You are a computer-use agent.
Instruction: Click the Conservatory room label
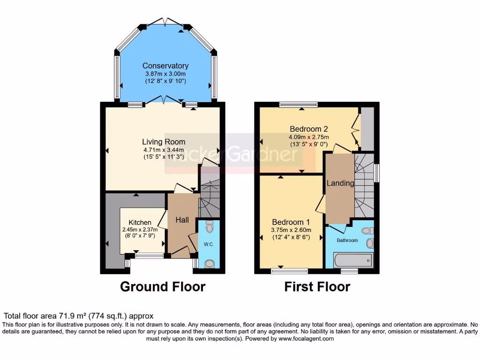click(x=165, y=66)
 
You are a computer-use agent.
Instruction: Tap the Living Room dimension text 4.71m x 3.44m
click(x=164, y=150)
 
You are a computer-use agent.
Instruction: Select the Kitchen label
click(x=140, y=222)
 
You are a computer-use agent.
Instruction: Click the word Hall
click(x=182, y=219)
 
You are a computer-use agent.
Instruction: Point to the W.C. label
click(x=208, y=244)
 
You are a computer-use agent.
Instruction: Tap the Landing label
click(x=340, y=183)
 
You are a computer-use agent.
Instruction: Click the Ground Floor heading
click(x=163, y=286)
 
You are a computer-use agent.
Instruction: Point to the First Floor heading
click(x=317, y=286)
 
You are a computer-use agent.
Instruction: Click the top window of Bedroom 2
click(x=299, y=104)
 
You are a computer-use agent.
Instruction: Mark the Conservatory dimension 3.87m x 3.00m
click(x=165, y=74)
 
